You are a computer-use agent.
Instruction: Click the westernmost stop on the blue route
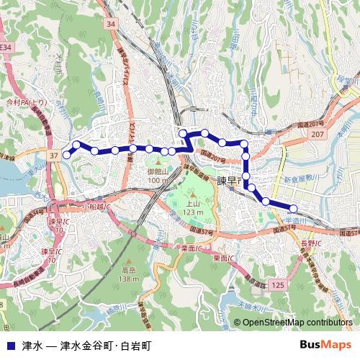pyautogui.click(x=67, y=154)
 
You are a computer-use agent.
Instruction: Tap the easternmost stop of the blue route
pyautogui.click(x=294, y=210)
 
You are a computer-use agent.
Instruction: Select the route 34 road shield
pyautogui.click(x=110, y=24)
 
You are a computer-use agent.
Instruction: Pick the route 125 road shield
pyautogui.click(x=279, y=286)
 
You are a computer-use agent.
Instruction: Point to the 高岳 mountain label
pyautogui.click(x=130, y=271)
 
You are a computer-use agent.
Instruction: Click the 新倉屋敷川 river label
pyautogui.click(x=301, y=177)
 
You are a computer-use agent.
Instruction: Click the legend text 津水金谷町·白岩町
pyautogui.click(x=106, y=344)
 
